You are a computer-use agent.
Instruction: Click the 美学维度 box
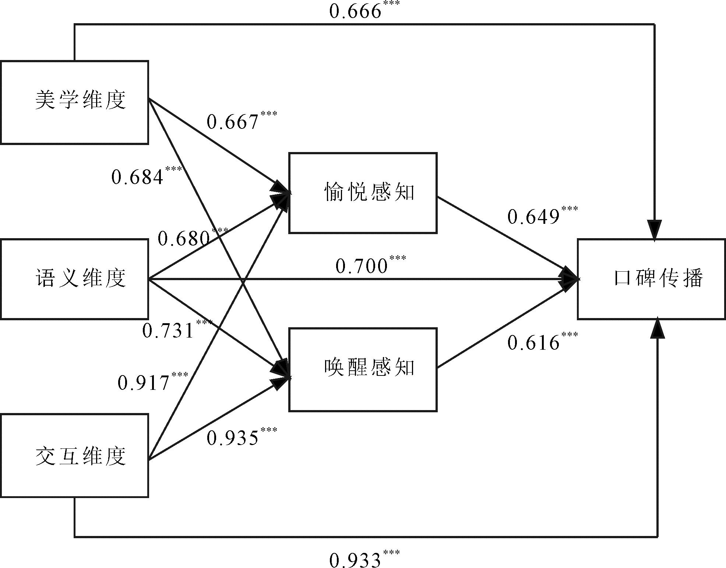(x=74, y=102)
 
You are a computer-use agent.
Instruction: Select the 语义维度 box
(x=74, y=279)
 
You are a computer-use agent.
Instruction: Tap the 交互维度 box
(x=74, y=455)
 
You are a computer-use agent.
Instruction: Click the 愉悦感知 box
(x=363, y=193)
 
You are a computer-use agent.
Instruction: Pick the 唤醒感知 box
(x=363, y=369)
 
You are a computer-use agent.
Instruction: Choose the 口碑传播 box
(x=651, y=279)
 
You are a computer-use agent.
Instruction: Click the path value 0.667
(x=233, y=122)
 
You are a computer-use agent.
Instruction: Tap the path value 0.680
(x=184, y=239)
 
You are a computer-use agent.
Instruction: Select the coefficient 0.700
(x=362, y=266)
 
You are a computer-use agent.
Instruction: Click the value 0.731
(x=168, y=331)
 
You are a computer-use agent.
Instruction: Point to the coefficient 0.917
(x=144, y=383)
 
